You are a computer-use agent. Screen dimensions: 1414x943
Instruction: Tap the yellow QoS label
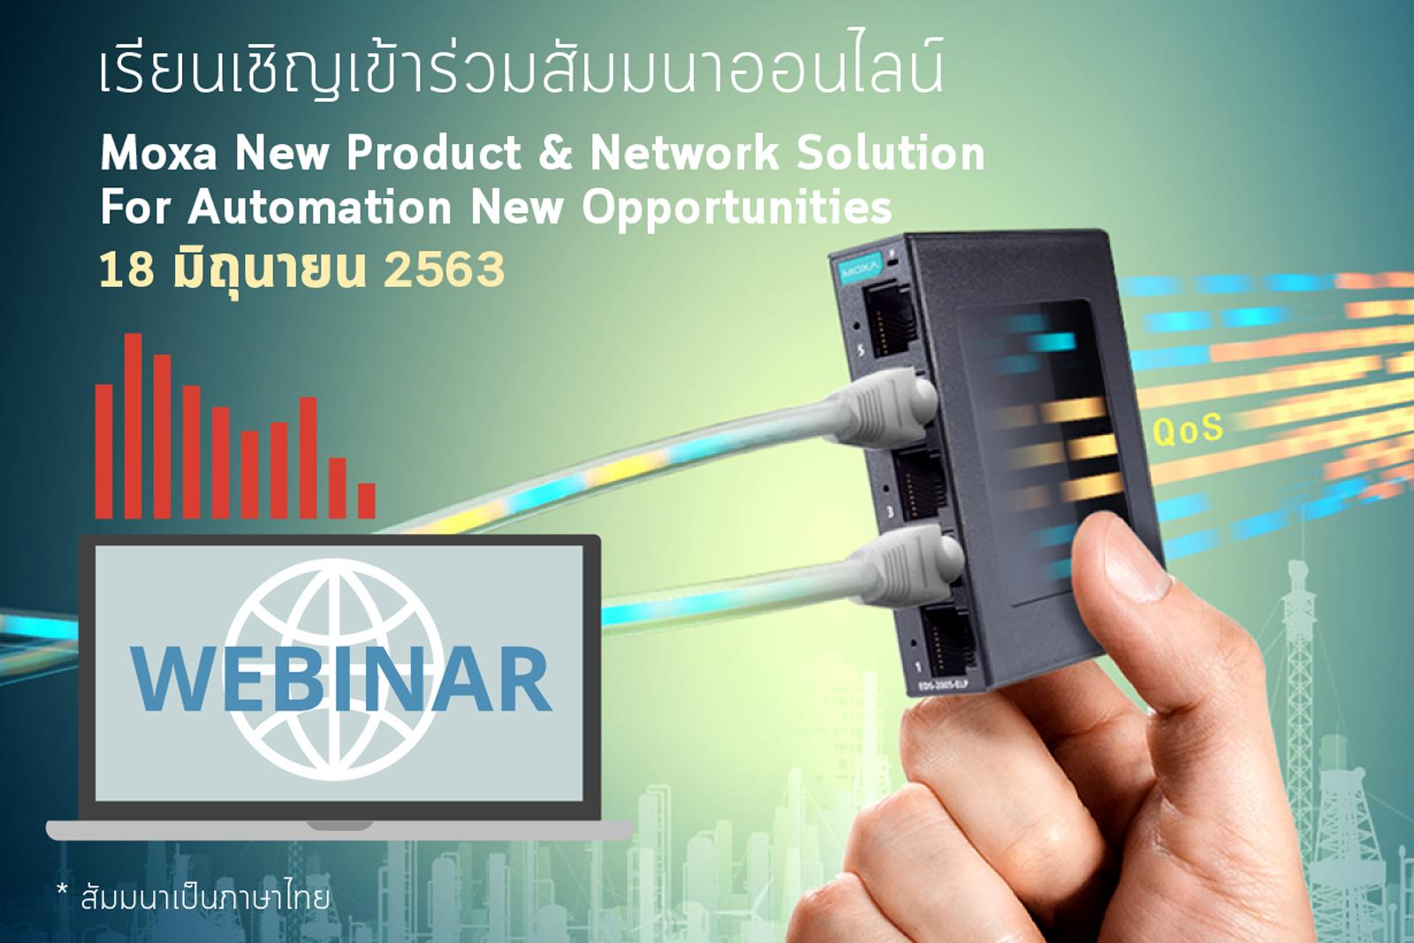coord(1188,430)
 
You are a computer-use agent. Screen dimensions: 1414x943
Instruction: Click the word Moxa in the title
coord(159,154)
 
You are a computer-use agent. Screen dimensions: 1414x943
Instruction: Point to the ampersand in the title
coord(556,154)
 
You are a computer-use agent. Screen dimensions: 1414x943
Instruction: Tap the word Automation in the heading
coord(320,207)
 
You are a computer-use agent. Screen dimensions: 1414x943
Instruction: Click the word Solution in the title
coord(891,154)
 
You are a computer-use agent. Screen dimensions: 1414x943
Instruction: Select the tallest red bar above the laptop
coord(133,426)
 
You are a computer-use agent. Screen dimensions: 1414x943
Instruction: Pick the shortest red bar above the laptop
coord(367,501)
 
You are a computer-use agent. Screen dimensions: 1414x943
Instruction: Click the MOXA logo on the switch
coord(860,270)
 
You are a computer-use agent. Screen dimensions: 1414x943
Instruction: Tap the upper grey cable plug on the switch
coord(885,407)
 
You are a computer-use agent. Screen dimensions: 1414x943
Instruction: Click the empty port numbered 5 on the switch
coord(890,322)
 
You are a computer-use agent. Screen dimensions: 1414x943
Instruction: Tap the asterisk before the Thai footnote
coord(62,890)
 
